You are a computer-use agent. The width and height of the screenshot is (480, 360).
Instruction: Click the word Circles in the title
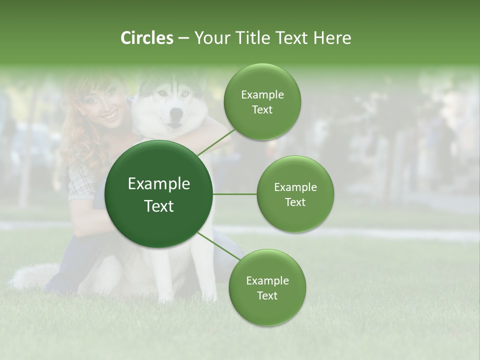tap(147, 38)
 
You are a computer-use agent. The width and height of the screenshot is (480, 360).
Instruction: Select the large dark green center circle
tap(159, 194)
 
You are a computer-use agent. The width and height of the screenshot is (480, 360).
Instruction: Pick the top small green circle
tap(262, 101)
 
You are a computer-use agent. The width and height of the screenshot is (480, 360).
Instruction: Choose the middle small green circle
tap(295, 194)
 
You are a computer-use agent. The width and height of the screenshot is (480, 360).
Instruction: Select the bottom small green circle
tap(267, 287)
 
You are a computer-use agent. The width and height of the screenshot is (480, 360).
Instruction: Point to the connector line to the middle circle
tap(234, 194)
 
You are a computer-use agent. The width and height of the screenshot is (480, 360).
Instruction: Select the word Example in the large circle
tap(159, 184)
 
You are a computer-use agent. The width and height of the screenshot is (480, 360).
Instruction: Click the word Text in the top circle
tap(262, 110)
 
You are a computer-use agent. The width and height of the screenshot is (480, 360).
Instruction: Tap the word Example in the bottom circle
tap(267, 280)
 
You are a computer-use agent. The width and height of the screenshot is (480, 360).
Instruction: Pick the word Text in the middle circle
tap(295, 202)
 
